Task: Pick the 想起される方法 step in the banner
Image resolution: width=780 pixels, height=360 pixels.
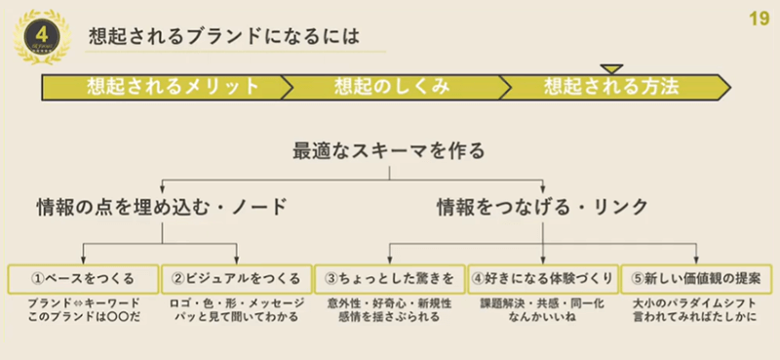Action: pos(611,85)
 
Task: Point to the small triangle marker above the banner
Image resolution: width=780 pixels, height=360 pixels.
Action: pos(611,67)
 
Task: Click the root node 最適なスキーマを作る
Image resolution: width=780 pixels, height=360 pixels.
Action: pos(389,151)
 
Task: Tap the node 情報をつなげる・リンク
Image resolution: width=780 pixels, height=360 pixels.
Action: pos(542,207)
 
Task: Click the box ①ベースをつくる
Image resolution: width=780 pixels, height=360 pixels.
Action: pos(82,278)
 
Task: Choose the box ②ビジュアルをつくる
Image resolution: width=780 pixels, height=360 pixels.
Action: pos(236,278)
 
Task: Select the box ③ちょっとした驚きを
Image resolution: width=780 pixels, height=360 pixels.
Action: pos(390,278)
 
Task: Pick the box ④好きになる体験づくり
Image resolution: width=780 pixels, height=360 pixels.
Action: pos(543,278)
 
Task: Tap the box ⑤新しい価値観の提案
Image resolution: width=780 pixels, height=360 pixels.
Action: pos(696,278)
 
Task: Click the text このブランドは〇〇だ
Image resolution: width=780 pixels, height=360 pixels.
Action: pos(83,318)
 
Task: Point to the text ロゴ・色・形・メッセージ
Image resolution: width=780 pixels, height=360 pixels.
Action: pos(237,303)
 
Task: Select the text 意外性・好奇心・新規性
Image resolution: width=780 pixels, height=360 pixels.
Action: pos(390,303)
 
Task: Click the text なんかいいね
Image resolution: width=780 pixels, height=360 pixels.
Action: pos(543,318)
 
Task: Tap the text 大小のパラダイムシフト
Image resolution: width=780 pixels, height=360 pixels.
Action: pos(696,303)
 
